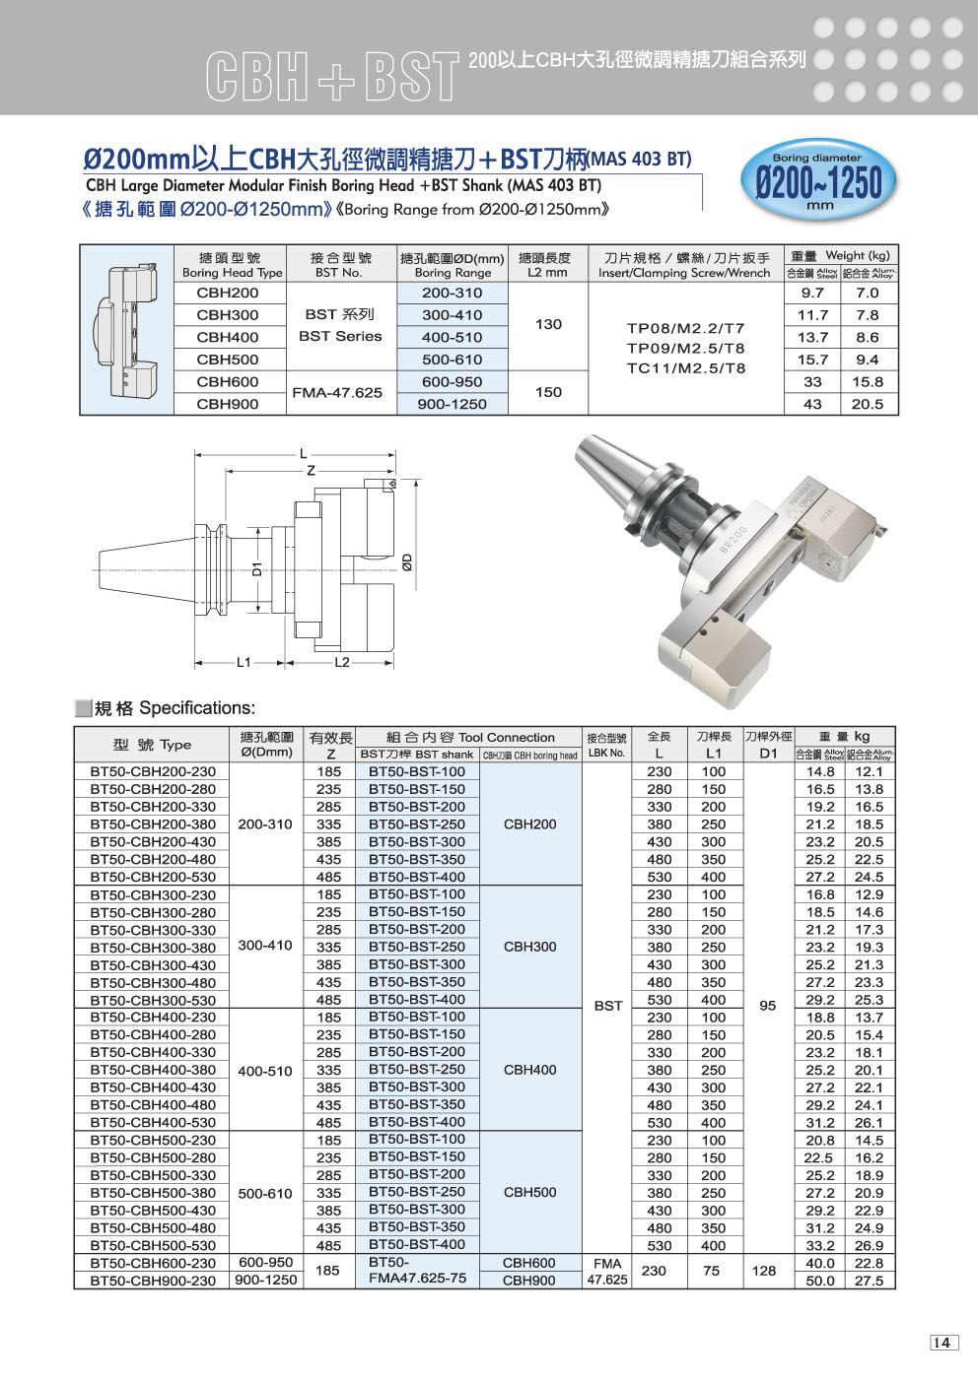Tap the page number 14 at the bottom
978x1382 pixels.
(x=943, y=1343)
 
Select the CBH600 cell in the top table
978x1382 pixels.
(x=228, y=381)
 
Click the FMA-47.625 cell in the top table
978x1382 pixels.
(x=336, y=392)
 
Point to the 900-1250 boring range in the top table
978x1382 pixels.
(x=453, y=403)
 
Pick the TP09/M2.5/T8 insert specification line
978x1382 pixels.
(x=686, y=348)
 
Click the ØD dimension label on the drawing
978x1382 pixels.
(x=408, y=562)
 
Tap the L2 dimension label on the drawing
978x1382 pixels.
(x=341, y=662)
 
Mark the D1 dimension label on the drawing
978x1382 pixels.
(x=255, y=568)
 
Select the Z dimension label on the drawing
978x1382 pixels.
(x=311, y=472)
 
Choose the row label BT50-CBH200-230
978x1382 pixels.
(x=153, y=771)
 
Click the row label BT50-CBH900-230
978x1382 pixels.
(x=153, y=1281)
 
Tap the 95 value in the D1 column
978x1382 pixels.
(x=768, y=1006)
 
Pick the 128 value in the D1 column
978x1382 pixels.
(x=764, y=1271)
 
